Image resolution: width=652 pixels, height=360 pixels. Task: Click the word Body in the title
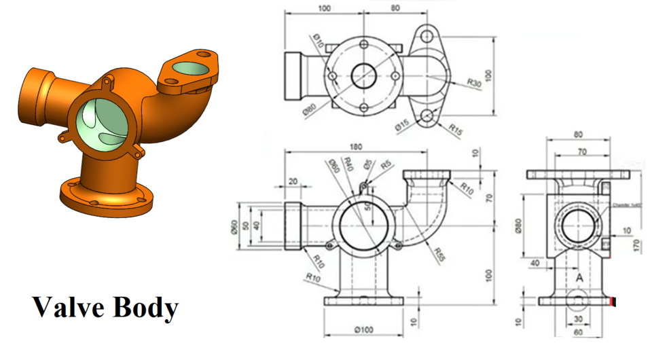coord(143,308)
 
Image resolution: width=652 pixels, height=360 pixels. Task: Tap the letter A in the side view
coord(579,278)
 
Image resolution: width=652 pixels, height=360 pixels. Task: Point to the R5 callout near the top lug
coord(386,165)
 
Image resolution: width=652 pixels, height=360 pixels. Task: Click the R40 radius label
coord(350,164)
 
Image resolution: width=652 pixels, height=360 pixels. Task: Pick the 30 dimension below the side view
coord(579,319)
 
